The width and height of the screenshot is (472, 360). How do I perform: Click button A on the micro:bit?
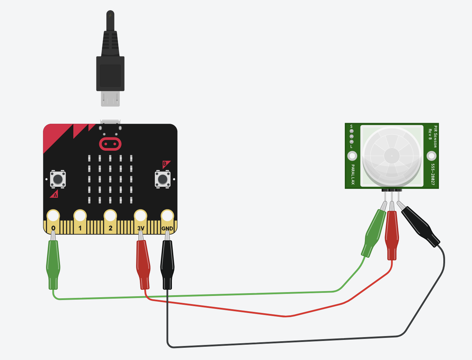(x=58, y=179)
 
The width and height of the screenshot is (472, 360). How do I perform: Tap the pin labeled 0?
(x=53, y=216)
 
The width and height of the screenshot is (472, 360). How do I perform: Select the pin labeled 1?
(x=80, y=216)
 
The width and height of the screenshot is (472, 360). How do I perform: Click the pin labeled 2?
(x=110, y=216)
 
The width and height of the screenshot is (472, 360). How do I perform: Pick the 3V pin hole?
(x=141, y=216)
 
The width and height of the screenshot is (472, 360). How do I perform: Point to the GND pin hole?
(x=167, y=216)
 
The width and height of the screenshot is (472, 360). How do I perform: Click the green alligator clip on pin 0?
(x=53, y=264)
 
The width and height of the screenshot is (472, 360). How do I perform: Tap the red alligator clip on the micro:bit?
(x=143, y=264)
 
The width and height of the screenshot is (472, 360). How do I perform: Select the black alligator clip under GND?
(x=167, y=264)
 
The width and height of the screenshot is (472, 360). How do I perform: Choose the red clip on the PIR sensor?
(x=392, y=235)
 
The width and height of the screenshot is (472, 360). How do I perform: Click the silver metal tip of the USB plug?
(x=110, y=99)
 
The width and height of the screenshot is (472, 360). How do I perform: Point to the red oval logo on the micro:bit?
(x=110, y=144)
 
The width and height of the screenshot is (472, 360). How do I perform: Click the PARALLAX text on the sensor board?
(x=353, y=174)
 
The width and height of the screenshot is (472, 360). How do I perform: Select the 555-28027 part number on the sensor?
(x=433, y=174)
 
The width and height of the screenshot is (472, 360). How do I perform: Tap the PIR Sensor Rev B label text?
(x=432, y=136)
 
